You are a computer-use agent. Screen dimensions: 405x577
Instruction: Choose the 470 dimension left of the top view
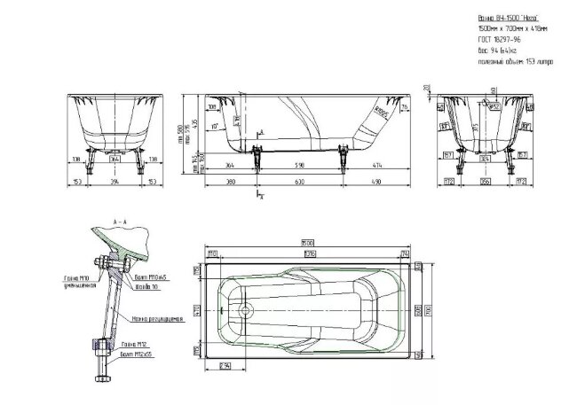pos(198,311)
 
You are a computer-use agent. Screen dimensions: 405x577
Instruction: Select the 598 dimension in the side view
pos(299,164)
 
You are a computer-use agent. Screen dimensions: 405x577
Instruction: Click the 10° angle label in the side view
pos(216,125)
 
